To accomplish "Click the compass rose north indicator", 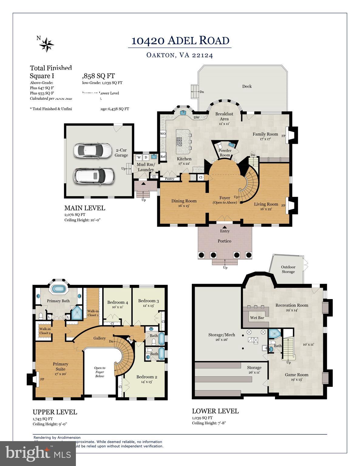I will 46,44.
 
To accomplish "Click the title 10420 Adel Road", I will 180,41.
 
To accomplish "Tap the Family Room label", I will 265,134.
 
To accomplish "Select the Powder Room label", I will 225,153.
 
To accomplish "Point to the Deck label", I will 247,86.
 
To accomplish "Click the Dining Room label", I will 184,201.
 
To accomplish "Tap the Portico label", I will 224,241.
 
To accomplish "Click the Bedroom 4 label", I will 117,302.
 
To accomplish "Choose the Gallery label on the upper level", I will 100,338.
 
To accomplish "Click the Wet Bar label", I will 257,318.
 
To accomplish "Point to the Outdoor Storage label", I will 288,269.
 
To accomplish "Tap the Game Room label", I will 296,375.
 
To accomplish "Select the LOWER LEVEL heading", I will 215,411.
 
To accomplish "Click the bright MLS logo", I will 38,453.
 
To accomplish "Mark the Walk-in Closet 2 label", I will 45,331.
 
